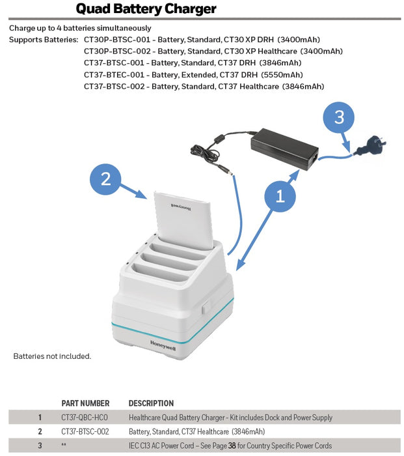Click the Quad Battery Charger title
click(146, 9)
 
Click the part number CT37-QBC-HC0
click(85, 417)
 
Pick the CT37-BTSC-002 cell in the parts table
click(86, 431)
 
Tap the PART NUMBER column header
click(85, 403)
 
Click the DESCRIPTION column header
click(151, 403)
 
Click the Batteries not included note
click(52, 356)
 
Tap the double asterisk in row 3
click(64, 446)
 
